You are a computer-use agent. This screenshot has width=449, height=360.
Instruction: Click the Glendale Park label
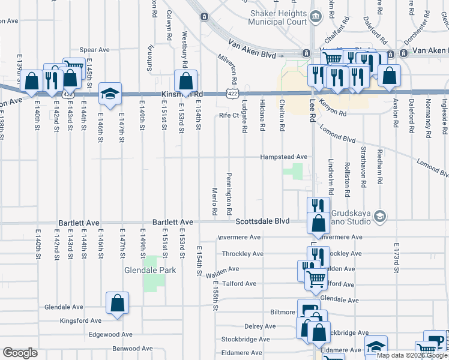click(150, 270)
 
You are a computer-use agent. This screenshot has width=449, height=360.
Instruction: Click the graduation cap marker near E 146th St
click(110, 93)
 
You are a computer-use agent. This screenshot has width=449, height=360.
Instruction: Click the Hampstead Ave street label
click(283, 157)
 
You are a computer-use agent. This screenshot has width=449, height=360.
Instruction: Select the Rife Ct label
click(229, 115)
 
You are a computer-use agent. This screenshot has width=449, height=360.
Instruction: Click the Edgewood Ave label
click(110, 334)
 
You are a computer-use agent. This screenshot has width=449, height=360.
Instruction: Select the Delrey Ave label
click(261, 326)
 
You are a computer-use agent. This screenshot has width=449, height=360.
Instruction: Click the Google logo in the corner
click(20, 353)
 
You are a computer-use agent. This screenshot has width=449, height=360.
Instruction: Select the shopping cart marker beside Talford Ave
click(315, 278)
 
